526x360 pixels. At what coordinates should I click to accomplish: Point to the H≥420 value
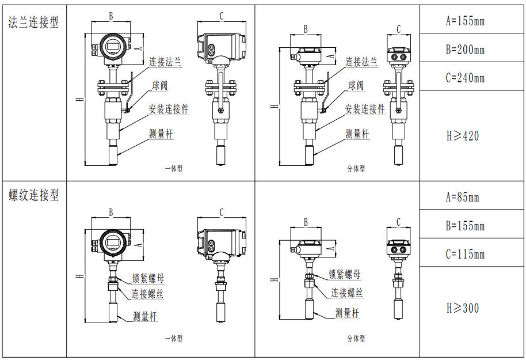click(x=463, y=136)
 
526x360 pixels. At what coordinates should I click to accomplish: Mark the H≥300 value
click(x=463, y=308)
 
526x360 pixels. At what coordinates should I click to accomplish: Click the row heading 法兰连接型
click(x=33, y=23)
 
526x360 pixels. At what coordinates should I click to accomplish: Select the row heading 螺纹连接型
click(x=33, y=195)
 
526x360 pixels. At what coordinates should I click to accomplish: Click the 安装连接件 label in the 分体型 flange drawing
click(x=365, y=109)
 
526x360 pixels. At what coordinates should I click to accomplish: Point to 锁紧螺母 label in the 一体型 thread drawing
click(x=148, y=279)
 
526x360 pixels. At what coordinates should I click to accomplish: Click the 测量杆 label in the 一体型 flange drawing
click(x=161, y=134)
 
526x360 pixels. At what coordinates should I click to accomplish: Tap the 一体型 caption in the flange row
click(x=173, y=169)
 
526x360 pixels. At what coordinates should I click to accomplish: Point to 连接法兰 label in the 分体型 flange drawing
click(x=361, y=62)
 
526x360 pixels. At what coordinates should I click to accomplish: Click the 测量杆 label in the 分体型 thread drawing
click(x=348, y=313)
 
